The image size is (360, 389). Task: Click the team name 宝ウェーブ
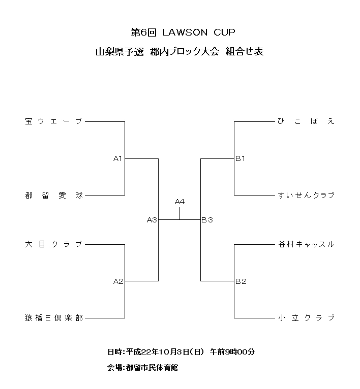click(53, 121)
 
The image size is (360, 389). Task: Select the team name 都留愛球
click(53, 195)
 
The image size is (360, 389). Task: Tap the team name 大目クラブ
click(53, 244)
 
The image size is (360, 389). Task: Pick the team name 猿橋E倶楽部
click(53, 318)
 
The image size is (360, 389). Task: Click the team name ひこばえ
click(306, 121)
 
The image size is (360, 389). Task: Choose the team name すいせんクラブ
click(306, 195)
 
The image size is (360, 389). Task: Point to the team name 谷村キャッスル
click(306, 244)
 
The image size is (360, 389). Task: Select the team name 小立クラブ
click(306, 318)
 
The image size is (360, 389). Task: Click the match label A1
click(118, 159)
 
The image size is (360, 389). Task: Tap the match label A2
click(118, 281)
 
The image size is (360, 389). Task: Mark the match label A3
click(152, 220)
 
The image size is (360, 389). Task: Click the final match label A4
click(179, 202)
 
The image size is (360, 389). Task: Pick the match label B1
click(241, 159)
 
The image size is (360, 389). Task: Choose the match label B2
click(241, 281)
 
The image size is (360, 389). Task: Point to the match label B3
click(207, 220)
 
